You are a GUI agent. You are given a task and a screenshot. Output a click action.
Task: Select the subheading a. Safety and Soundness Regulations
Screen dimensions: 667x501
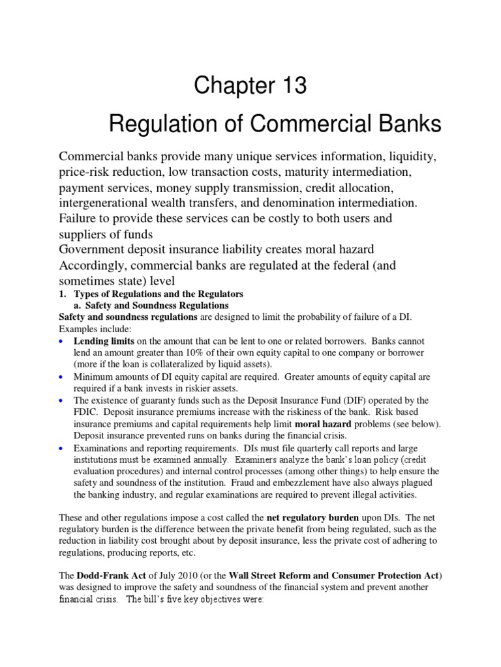tap(151, 305)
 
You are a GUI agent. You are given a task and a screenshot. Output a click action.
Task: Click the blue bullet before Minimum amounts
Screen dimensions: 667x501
tap(61, 377)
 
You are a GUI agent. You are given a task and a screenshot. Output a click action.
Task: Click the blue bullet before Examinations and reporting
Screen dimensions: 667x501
tap(61, 447)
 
